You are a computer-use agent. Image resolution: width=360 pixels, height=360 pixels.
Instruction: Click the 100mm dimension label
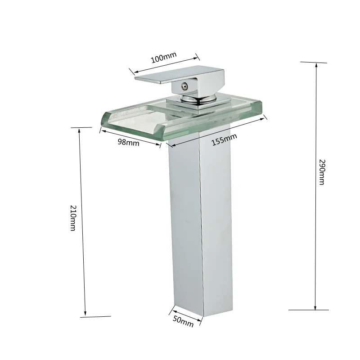pos(164,58)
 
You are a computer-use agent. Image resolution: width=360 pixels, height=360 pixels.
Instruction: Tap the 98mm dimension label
pos(129,142)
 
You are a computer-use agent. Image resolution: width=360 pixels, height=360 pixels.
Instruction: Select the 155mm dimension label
pos(224,139)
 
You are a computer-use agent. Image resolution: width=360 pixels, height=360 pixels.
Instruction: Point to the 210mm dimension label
pos(73,218)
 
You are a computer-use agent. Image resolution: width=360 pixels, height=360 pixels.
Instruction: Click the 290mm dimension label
pos(322,172)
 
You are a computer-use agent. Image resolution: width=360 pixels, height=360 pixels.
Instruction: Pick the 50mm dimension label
pos(183,321)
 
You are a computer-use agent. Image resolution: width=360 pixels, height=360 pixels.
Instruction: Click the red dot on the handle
pos(183,87)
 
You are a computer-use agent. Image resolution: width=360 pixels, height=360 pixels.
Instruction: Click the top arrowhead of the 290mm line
pos(316,65)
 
